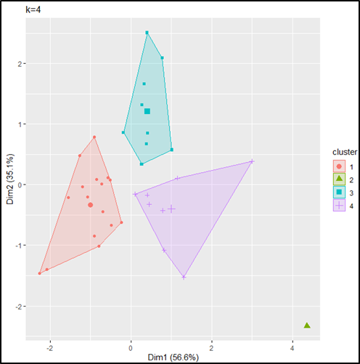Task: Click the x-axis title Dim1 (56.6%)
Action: (x=171, y=356)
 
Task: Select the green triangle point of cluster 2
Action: (x=307, y=325)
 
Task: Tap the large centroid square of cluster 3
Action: (x=147, y=111)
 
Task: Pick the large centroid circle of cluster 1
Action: (x=91, y=205)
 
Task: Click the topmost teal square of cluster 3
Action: (x=147, y=33)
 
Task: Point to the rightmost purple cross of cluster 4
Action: (x=252, y=161)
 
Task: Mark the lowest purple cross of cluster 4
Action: (x=184, y=277)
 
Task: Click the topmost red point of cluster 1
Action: (x=94, y=137)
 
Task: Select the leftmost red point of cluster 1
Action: (x=40, y=273)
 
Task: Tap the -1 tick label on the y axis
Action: (x=18, y=246)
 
